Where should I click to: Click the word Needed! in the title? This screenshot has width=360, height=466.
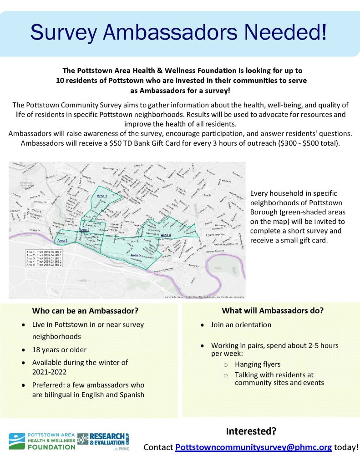tap(281, 33)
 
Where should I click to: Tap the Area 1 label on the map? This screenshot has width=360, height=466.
tap(102, 196)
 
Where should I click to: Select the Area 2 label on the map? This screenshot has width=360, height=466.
tap(84, 230)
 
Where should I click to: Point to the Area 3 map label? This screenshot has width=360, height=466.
tap(62, 240)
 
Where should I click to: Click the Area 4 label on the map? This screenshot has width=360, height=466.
tap(166, 235)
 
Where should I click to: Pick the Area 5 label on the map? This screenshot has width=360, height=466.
tap(135, 255)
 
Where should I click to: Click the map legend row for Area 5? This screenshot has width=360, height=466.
tap(44, 265)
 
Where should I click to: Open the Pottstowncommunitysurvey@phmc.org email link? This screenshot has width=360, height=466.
tap(254, 447)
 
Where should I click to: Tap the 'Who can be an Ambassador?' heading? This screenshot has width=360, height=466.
tap(85, 311)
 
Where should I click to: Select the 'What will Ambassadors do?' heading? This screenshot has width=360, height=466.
tap(273, 311)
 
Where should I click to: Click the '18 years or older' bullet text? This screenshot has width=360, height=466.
tap(59, 349)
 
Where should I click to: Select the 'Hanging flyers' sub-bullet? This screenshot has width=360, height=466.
tap(258, 364)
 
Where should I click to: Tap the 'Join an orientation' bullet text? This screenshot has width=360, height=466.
tap(241, 325)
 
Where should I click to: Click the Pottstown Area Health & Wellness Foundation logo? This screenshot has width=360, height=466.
tap(42, 441)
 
